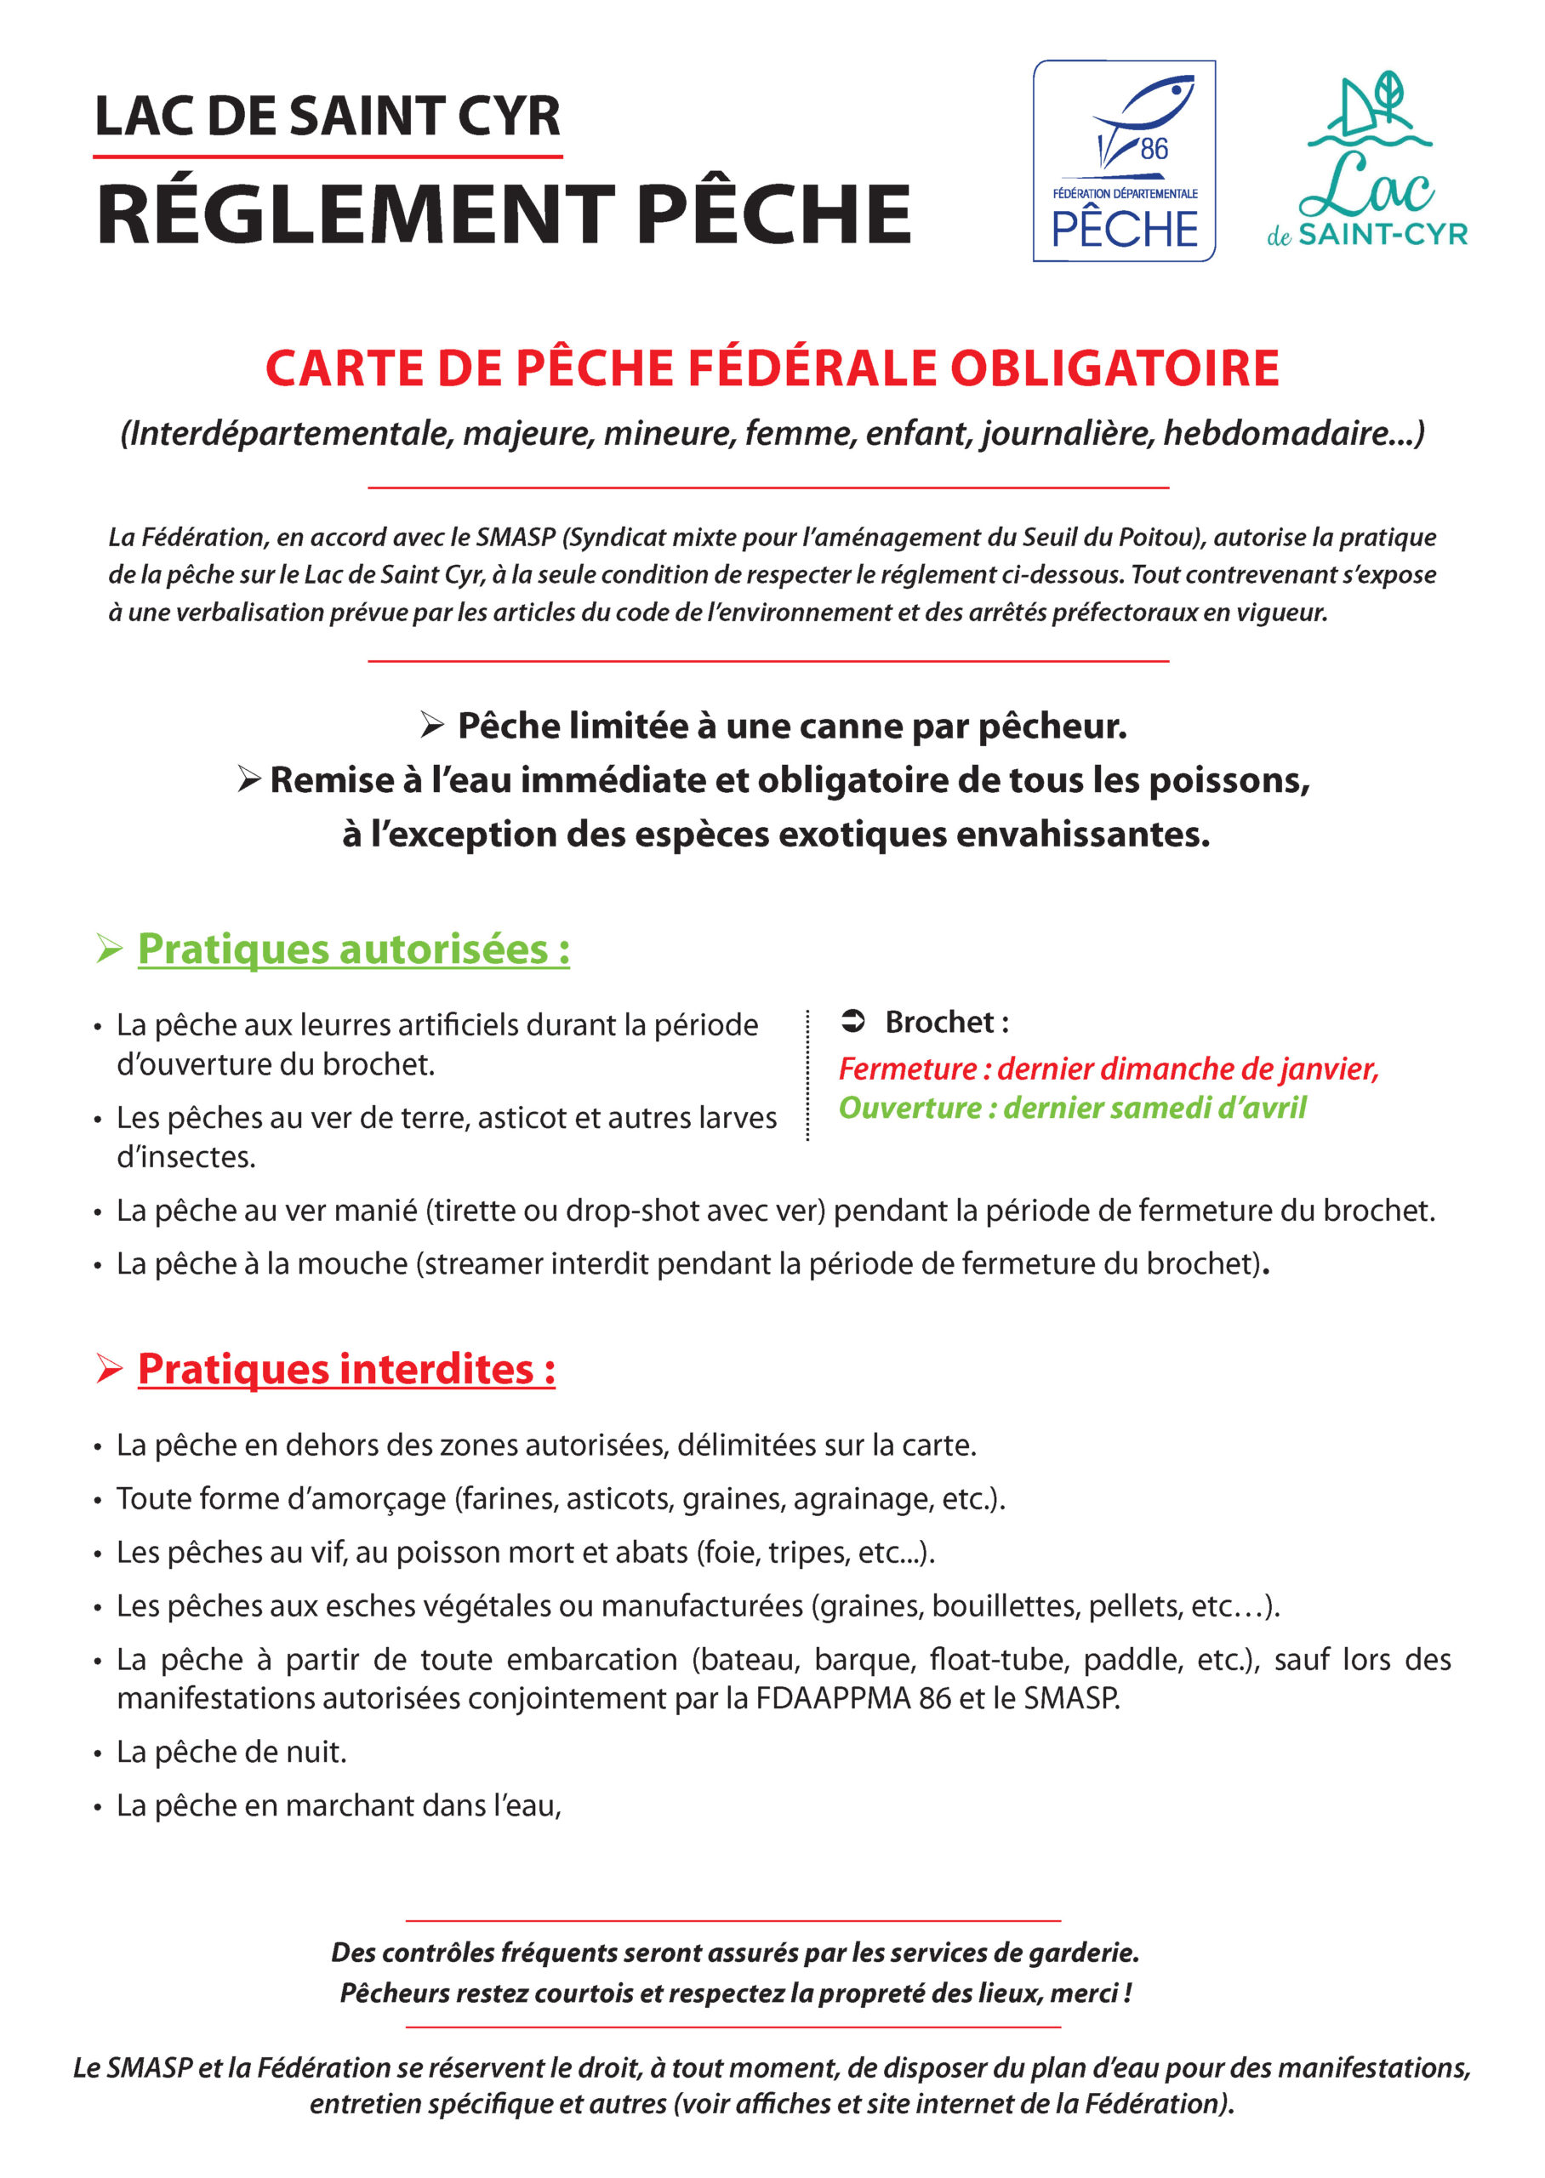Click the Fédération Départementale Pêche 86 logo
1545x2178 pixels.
(1124, 161)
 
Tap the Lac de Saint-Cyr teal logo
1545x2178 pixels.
(1367, 161)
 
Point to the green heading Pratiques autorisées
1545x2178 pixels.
(353, 949)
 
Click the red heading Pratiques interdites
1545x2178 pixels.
(346, 1370)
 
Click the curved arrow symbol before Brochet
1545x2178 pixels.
(852, 1023)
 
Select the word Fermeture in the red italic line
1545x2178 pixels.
(907, 1069)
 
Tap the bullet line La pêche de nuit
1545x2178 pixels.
(231, 1752)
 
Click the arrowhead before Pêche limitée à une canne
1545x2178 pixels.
(432, 727)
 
